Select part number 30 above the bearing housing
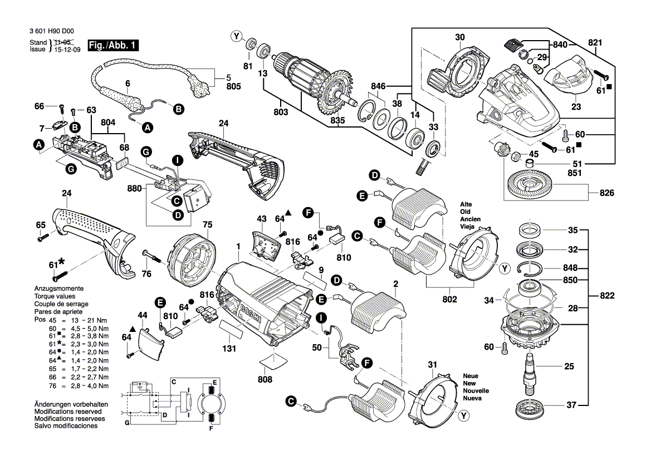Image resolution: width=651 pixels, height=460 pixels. pos(459,38)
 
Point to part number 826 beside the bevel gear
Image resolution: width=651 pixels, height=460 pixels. pos(606,193)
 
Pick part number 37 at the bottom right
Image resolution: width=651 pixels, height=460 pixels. pos(571,405)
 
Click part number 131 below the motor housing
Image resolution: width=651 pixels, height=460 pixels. pos(229,349)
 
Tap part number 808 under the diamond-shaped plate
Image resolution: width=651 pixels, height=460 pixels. pos(265,379)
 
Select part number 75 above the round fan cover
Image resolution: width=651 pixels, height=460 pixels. pos(207,225)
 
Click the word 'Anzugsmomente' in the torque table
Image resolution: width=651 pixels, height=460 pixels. pos(58,289)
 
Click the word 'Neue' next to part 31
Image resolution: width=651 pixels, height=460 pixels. pos(471,376)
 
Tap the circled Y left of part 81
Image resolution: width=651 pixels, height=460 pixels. pos(238,37)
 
